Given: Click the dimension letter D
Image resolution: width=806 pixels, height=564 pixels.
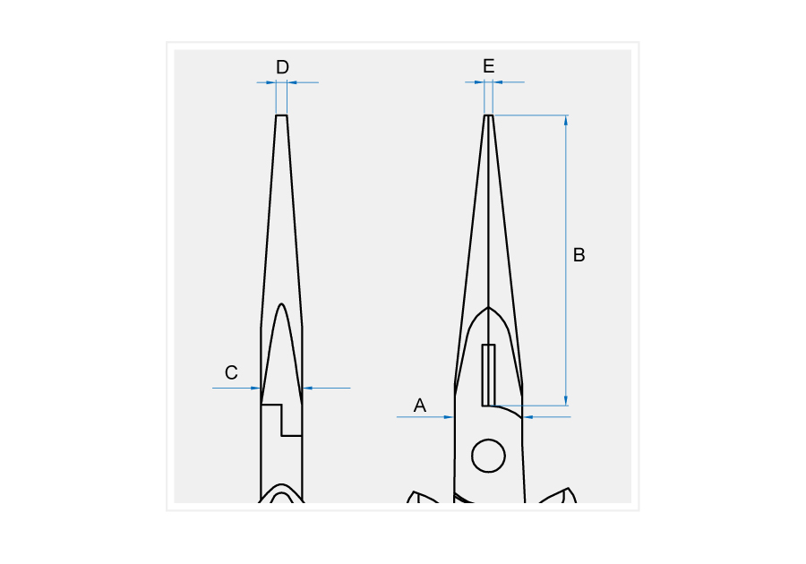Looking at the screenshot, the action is coord(282,67).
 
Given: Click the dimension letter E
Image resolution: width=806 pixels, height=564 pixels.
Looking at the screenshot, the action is coord(489,66).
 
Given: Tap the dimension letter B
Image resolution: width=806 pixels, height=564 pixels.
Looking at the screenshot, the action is coord(579,255).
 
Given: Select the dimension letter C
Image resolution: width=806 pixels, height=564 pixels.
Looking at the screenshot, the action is coord(231,372).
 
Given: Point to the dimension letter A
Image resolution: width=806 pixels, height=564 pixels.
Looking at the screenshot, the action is coord(420,406).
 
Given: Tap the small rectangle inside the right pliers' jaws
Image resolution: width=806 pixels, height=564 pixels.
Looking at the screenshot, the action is coord(488,375).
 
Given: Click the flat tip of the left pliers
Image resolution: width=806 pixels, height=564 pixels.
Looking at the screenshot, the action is coord(282,115).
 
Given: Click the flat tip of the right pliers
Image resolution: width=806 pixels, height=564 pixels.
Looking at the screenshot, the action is coord(489,115).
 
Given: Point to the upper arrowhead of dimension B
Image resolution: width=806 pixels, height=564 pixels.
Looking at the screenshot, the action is coord(566,120).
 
